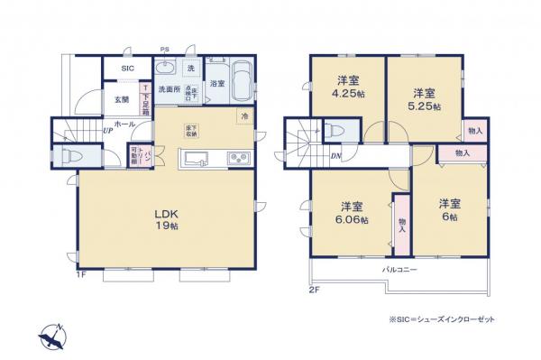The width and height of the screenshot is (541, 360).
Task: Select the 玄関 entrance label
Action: pyautogui.click(x=121, y=99)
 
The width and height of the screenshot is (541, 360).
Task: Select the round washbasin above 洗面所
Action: pyautogui.click(x=166, y=70)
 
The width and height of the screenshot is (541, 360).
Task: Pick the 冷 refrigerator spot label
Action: pyautogui.click(x=244, y=115)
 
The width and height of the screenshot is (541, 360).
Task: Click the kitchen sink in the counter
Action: pyautogui.click(x=197, y=159)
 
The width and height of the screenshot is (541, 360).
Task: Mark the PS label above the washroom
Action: pyautogui.click(x=165, y=50)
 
